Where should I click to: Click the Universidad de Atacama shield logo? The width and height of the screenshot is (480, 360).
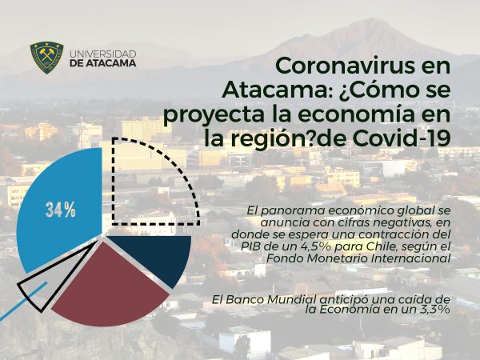tap(47, 58)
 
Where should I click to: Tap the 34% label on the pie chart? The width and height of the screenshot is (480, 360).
tap(61, 210)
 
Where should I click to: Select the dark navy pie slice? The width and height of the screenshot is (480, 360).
tap(153, 257)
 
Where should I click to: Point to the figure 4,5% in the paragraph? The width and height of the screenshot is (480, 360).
tap(308, 246)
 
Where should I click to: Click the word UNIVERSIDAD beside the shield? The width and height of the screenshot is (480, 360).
tap(103, 54)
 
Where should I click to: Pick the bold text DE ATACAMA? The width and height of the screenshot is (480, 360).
tap(103, 63)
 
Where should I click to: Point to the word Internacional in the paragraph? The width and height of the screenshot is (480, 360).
tap(410, 258)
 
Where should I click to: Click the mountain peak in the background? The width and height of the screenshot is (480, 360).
tap(372, 20)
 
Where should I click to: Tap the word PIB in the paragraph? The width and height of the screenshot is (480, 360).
tap(248, 246)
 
